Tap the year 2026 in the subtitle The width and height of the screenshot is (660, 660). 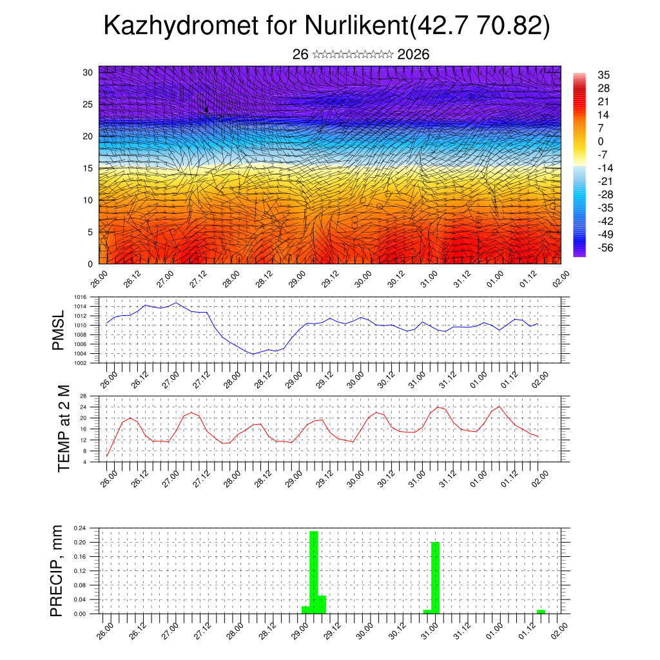click(x=414, y=55)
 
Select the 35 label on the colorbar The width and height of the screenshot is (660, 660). click(x=604, y=75)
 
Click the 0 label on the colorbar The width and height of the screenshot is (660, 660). click(x=601, y=141)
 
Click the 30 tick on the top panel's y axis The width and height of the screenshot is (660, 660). click(x=88, y=72)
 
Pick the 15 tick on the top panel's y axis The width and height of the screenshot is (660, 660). click(x=88, y=168)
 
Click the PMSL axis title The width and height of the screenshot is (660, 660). click(x=59, y=331)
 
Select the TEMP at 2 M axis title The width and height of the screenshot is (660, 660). click(x=64, y=429)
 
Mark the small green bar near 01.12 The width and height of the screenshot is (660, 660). click(x=541, y=611)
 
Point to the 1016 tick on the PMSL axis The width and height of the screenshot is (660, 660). click(x=80, y=307)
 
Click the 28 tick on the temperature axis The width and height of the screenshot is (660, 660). click(x=83, y=396)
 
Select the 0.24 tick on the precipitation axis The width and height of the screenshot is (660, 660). click(x=79, y=528)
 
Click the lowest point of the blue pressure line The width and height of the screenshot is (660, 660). click(x=253, y=354)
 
